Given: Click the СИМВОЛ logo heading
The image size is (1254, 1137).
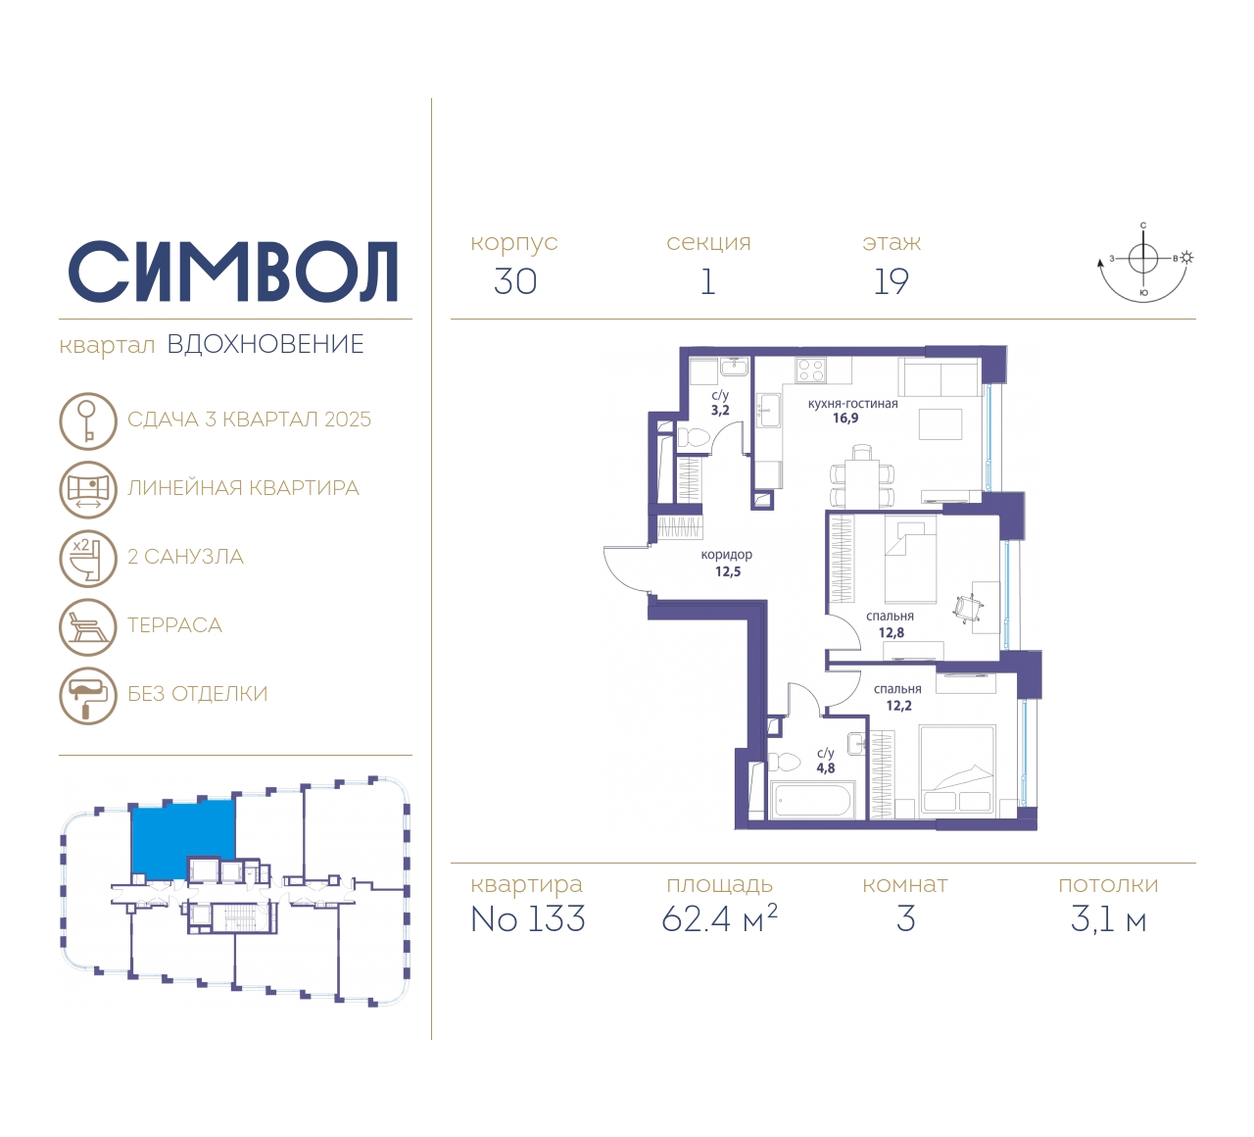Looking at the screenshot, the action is (232, 272).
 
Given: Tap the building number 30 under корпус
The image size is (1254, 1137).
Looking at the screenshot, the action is (515, 281).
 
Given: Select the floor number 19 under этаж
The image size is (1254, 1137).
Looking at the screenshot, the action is (891, 281).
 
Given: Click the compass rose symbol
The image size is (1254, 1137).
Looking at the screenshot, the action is (1144, 262).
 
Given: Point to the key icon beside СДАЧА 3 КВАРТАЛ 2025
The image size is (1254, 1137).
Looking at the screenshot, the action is (88, 420).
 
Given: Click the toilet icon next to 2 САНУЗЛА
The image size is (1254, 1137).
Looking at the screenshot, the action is (88, 559).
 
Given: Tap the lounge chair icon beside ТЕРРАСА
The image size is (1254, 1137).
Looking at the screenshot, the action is (88, 626).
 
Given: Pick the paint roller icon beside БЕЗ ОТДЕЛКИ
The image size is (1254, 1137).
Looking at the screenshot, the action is (88, 696).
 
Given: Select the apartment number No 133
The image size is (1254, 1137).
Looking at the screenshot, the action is (528, 918).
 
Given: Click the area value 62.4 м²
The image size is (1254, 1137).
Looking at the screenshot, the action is (719, 918).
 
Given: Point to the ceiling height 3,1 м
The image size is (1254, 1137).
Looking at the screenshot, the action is (1108, 919).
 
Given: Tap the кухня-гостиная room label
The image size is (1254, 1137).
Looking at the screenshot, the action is (852, 404).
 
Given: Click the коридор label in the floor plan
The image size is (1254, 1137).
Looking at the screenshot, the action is (726, 555).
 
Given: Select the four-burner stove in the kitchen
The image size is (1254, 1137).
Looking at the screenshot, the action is (811, 370).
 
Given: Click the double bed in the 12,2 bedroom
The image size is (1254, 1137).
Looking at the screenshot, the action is (956, 771).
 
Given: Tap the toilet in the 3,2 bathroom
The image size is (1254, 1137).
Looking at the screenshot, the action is (694, 438).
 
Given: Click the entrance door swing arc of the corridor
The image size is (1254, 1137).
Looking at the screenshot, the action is (619, 572).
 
